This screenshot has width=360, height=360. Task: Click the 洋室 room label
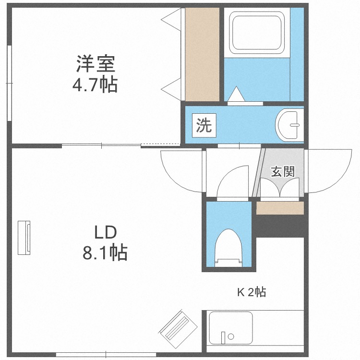tap(95, 64)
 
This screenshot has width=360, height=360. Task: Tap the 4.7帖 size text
tap(95, 85)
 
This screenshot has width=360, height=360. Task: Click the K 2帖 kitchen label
tap(252, 292)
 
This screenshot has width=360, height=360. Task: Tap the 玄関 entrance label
tap(282, 171)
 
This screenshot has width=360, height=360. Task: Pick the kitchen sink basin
tap(230, 327)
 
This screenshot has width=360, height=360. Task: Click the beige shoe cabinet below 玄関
tap(280, 208)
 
